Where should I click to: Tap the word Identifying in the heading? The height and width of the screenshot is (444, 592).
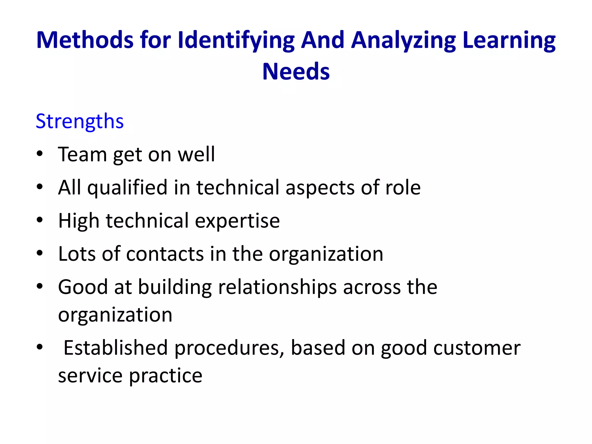pos(236,40)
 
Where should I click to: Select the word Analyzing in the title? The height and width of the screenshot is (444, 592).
pos(404,40)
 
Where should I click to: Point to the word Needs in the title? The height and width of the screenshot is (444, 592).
pos(296,71)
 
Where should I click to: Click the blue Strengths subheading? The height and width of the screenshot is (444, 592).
pos(80,121)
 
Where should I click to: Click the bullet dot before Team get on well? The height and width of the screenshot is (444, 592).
pos(40,153)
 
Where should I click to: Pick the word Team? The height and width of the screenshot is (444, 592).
pos(82,154)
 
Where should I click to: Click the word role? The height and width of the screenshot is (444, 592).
pos(403,187)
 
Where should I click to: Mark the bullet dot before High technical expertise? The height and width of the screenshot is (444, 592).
pos(40,220)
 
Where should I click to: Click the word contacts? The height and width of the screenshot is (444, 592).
pos(165,254)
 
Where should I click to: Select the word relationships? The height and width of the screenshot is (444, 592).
pos(277,288)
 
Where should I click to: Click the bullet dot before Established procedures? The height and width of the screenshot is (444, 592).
pos(40,347)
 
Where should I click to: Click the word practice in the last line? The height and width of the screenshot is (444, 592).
pos(165,376)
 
